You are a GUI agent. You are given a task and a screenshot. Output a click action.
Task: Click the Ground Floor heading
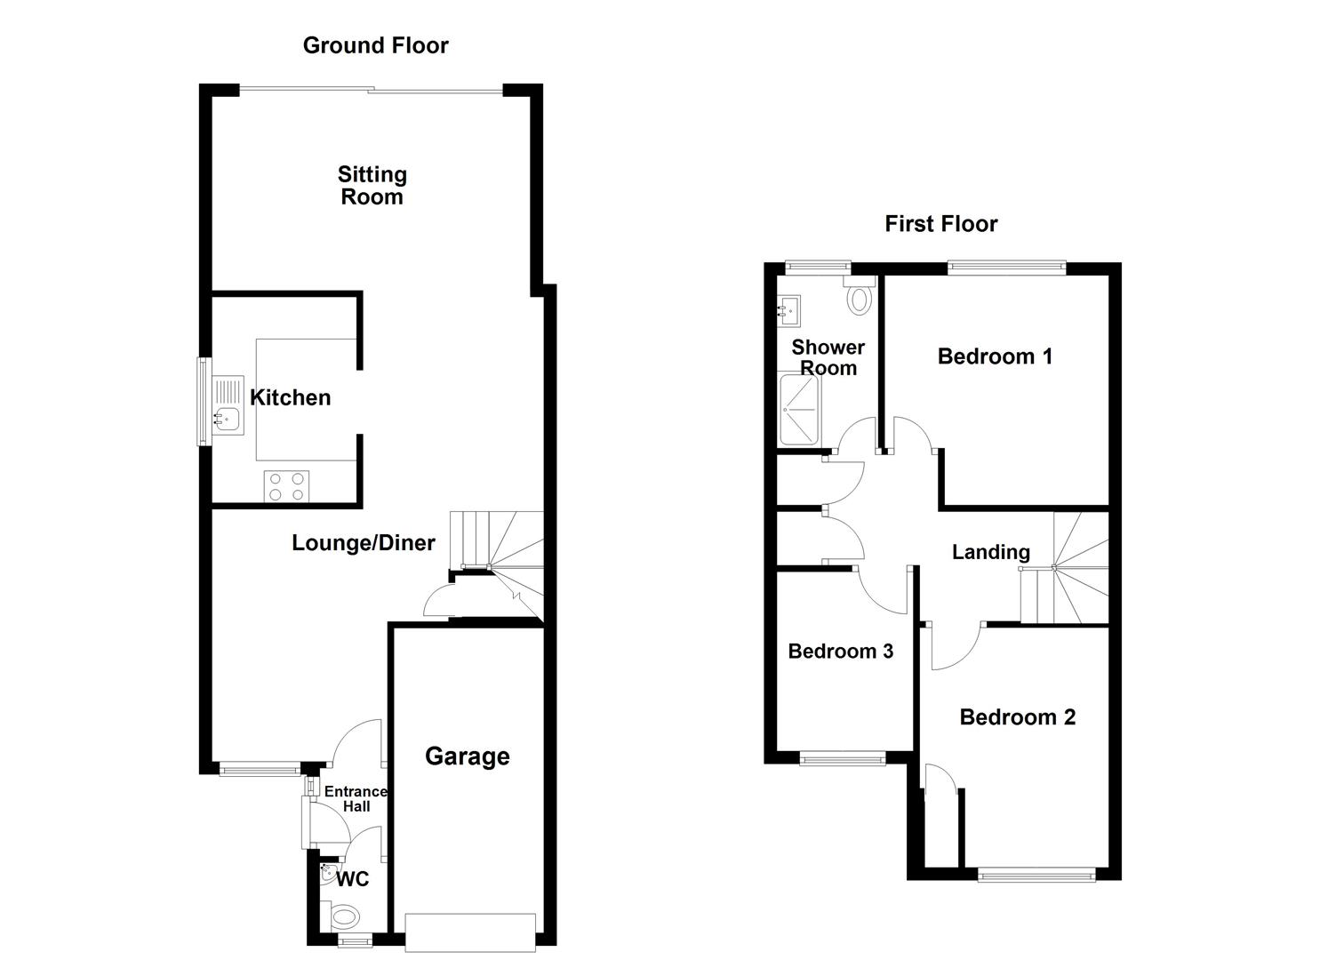pyautogui.click(x=375, y=45)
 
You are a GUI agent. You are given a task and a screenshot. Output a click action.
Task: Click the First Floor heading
pyautogui.click(x=940, y=224)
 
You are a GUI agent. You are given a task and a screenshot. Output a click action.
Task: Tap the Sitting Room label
pyautogui.click(x=372, y=186)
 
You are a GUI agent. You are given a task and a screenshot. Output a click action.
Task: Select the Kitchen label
pyautogui.click(x=291, y=397)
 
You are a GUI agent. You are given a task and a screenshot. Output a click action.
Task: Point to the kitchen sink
pyautogui.click(x=228, y=416)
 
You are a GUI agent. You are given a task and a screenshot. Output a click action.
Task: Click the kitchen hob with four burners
pyautogui.click(x=286, y=486)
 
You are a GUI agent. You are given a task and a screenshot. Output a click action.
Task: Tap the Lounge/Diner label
pyautogui.click(x=364, y=542)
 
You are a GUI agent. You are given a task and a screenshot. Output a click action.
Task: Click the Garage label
pyautogui.click(x=468, y=756)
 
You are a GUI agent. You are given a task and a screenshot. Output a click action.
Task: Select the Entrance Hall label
pyautogui.click(x=356, y=798)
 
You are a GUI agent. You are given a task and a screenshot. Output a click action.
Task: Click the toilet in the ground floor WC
pyautogui.click(x=343, y=916)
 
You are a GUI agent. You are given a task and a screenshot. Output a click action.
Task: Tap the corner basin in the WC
pyautogui.click(x=328, y=872)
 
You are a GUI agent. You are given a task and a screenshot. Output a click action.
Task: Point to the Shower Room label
pyautogui.click(x=828, y=357)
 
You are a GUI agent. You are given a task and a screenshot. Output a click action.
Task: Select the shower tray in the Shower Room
pyautogui.click(x=798, y=410)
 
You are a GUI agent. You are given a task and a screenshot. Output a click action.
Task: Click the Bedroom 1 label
pyautogui.click(x=995, y=356)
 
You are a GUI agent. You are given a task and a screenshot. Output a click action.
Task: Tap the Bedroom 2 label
pyautogui.click(x=1017, y=717)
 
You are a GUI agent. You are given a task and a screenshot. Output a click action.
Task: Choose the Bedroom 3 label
pyautogui.click(x=840, y=652)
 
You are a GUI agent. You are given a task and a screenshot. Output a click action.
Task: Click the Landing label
pyautogui.click(x=990, y=552)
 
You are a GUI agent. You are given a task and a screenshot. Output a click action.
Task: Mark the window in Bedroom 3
pyautogui.click(x=842, y=758)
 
